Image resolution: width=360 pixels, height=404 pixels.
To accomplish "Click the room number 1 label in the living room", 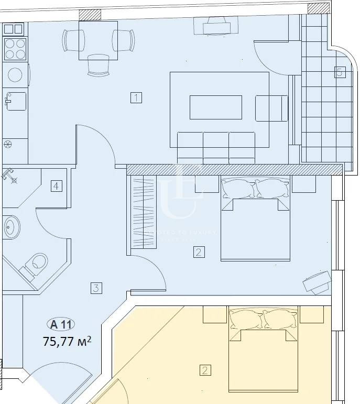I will (136, 97).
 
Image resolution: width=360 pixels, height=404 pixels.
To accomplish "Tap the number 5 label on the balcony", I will (339, 72).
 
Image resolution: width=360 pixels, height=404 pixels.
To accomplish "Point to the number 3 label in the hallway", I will (95, 288).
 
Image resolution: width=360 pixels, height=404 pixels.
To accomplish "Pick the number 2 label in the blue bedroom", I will (198, 253).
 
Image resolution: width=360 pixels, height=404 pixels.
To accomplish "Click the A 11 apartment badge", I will (60, 324).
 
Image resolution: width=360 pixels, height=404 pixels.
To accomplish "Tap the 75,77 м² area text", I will (67, 342).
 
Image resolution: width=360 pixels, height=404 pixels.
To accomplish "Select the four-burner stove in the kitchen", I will (15, 48).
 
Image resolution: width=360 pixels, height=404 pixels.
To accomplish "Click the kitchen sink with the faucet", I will (16, 100).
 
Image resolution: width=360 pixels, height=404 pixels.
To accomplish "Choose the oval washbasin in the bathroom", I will (10, 227).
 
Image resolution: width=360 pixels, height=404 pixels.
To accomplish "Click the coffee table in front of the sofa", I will (215, 107).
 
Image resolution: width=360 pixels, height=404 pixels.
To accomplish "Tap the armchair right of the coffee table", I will (271, 108).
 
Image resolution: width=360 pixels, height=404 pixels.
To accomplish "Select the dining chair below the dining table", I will (98, 64).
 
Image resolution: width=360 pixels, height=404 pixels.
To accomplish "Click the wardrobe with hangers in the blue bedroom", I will (143, 213).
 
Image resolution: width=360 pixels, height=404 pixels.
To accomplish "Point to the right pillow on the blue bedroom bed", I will (271, 188).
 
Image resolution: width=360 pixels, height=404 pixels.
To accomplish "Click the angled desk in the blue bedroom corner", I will (317, 282).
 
